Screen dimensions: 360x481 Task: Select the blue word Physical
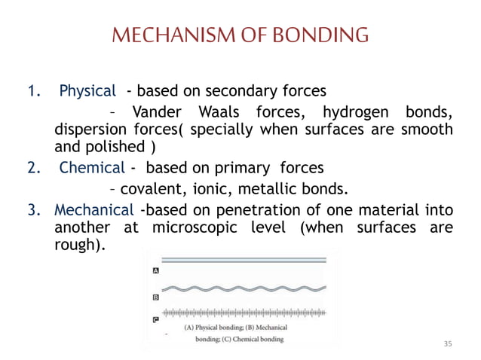coord(87,92)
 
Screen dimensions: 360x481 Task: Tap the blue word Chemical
coord(90,167)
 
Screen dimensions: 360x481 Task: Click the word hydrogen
coord(353,113)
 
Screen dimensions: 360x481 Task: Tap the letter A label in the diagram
coord(155,270)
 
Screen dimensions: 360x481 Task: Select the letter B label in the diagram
coord(155,297)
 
